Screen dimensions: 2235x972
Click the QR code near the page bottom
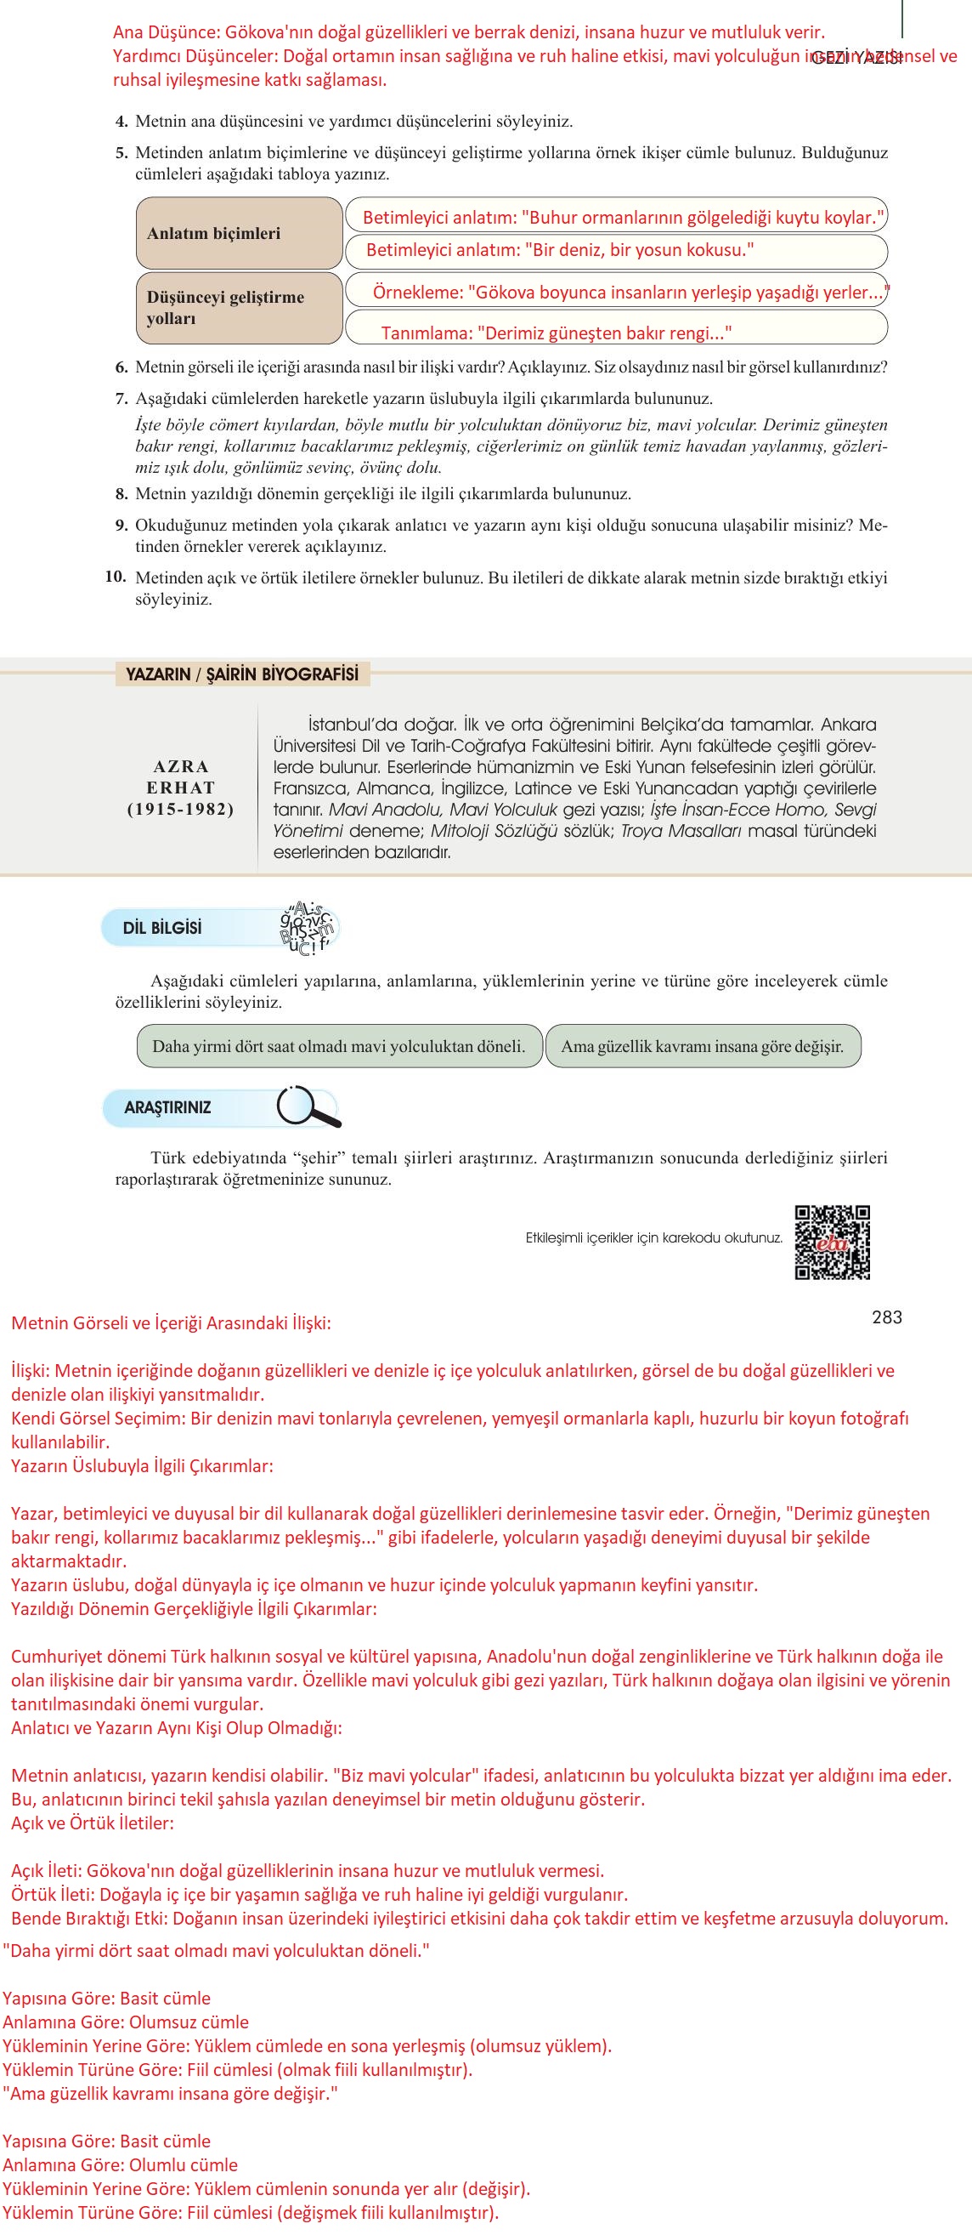[x=832, y=1242]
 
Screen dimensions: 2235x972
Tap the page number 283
[x=886, y=1317]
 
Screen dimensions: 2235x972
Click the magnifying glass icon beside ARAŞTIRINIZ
[x=307, y=1107]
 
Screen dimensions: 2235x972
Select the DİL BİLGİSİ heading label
[x=162, y=928]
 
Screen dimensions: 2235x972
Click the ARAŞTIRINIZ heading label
[x=167, y=1108]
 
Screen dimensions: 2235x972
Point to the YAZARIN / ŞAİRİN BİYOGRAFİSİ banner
[x=242, y=674]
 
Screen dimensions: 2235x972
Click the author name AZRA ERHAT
[x=180, y=776]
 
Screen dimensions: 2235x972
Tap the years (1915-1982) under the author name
[x=180, y=809]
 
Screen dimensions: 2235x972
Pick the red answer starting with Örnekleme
[x=631, y=293]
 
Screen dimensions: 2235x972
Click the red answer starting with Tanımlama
[x=556, y=333]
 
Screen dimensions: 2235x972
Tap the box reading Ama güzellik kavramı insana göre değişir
[x=703, y=1045]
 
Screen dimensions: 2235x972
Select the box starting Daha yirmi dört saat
[x=339, y=1045]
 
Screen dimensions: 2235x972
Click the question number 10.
[x=116, y=577]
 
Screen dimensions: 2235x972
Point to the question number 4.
[x=121, y=122]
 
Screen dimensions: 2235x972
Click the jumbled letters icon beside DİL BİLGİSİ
[x=308, y=928]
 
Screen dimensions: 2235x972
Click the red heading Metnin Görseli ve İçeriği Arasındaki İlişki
[x=171, y=1323]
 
